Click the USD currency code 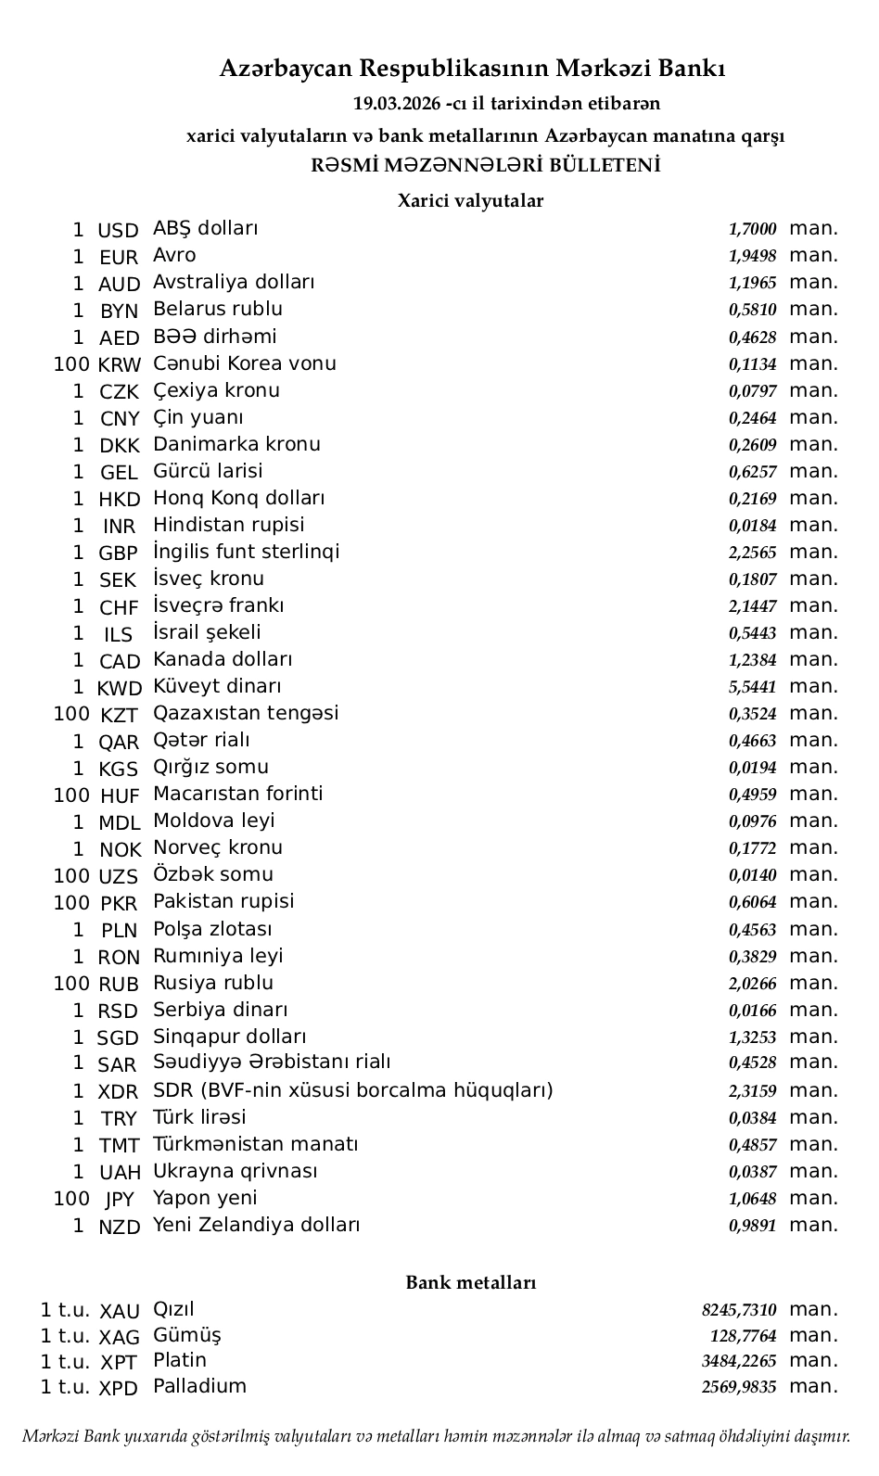[x=118, y=230]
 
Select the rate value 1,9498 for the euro [x=752, y=256]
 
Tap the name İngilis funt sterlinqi [x=246, y=552]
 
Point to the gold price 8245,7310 [x=739, y=1310]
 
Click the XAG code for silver [x=120, y=1337]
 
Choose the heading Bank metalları [x=471, y=1282]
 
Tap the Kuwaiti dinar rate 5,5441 [x=752, y=687]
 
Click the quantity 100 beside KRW [x=71, y=364]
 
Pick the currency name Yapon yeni [x=205, y=1198]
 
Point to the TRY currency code [x=119, y=1119]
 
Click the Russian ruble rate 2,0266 [x=752, y=984]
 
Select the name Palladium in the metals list [x=199, y=1386]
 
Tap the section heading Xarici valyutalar [x=470, y=200]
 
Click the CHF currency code [x=119, y=607]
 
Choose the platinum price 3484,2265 [x=739, y=1361]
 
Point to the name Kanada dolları [x=223, y=659]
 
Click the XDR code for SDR [x=119, y=1092]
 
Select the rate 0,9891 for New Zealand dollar [x=752, y=1226]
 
